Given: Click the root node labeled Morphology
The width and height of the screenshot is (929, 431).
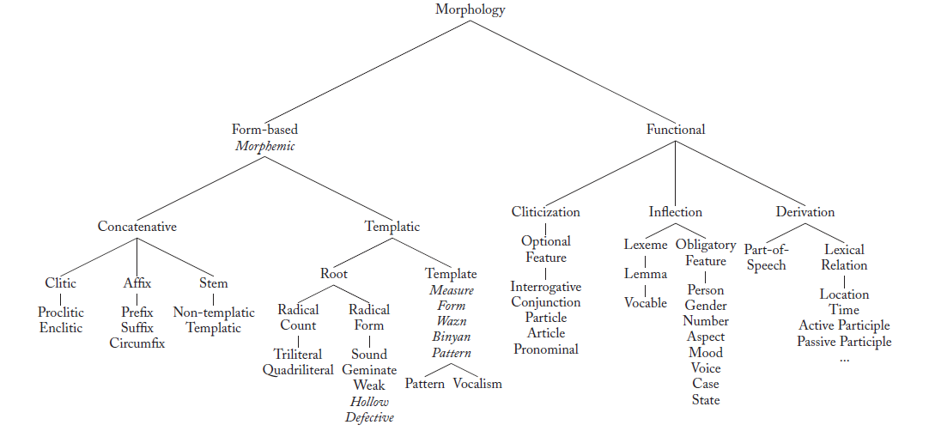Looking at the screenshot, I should tap(470, 10).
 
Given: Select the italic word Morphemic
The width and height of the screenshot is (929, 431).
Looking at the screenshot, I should tap(264, 146).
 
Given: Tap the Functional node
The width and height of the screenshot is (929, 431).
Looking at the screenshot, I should tap(676, 130).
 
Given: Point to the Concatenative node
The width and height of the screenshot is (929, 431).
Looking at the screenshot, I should tap(137, 227).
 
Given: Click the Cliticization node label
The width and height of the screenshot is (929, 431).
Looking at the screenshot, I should tap(546, 212).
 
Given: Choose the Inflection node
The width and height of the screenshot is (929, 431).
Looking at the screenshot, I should tap(676, 212).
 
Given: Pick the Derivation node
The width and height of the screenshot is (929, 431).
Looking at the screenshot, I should tap(805, 212).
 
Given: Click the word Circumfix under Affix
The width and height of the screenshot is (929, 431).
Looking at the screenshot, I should tap(137, 343).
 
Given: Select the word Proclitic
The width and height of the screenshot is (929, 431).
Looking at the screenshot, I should tap(61, 313).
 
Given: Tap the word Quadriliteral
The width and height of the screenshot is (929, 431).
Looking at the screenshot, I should tap(297, 370).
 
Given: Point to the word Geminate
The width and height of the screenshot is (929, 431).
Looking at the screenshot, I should tap(369, 370).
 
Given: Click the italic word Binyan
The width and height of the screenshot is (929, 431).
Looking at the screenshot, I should tap(451, 337).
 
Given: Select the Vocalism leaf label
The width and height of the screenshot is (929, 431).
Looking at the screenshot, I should tap(477, 384).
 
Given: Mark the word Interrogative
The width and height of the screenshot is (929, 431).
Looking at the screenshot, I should tap(546, 287).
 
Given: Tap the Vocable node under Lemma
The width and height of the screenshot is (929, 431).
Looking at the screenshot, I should tap(646, 303).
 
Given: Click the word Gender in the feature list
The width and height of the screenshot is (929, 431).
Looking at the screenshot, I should tap(706, 306).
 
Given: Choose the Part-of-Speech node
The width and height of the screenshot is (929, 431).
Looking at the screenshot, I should tap(766, 258).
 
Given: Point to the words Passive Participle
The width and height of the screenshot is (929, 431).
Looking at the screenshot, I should tap(844, 342).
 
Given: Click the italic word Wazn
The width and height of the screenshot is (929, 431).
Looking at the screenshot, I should tap(451, 322).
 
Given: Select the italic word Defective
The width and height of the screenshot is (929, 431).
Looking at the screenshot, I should tap(369, 417).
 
